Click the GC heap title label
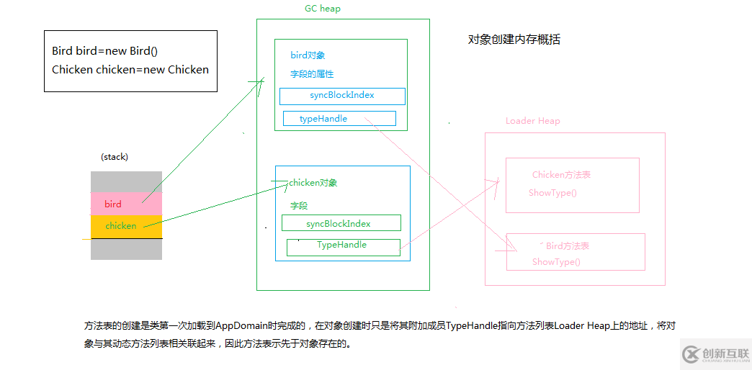(x=323, y=9)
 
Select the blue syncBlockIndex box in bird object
(x=342, y=96)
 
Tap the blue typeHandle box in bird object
(x=339, y=119)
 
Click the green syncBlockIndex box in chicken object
(x=341, y=223)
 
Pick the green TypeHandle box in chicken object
(x=343, y=246)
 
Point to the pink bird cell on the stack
(x=125, y=204)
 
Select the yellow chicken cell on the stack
(x=125, y=226)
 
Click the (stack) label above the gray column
(x=115, y=156)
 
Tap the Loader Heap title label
(x=532, y=121)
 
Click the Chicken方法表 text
(x=561, y=175)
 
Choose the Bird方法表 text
(x=567, y=246)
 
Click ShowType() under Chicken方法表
(x=552, y=193)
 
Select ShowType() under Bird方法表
(x=556, y=262)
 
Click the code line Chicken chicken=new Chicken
(x=130, y=70)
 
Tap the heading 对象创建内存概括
(x=514, y=40)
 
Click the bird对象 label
(x=308, y=55)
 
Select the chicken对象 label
(x=313, y=183)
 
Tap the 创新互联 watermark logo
(x=716, y=353)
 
